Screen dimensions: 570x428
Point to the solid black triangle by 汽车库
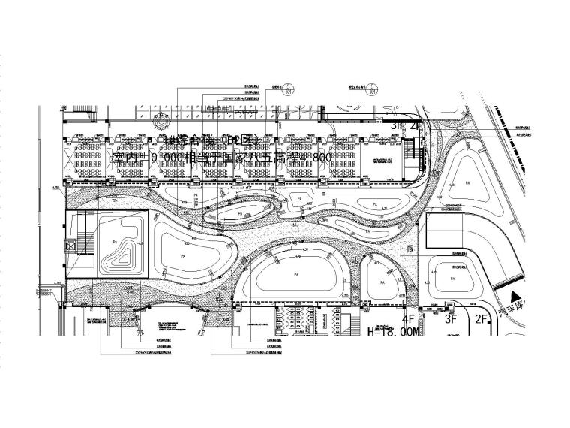click(x=514, y=297)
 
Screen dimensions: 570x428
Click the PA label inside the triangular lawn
click(x=466, y=182)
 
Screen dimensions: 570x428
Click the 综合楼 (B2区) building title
click(x=196, y=140)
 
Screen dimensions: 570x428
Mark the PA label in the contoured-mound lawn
click(x=115, y=242)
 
